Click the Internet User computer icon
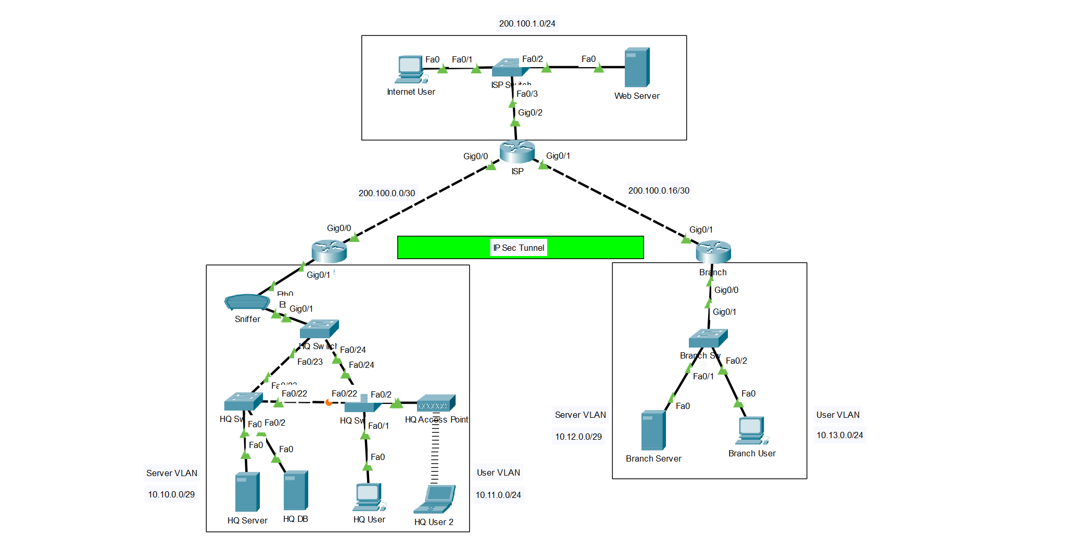410,69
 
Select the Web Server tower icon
637,68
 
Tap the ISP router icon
517,151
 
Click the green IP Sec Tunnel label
520,248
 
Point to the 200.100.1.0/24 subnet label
527,23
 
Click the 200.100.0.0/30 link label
386,193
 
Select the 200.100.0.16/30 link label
658,190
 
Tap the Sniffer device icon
247,302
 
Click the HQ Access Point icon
436,403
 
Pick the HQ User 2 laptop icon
434,499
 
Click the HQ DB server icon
296,490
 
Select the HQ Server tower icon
247,492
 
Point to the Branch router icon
713,252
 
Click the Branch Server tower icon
653,430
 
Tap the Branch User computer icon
751,430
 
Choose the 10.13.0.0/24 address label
839,435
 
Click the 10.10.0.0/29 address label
171,494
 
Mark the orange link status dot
329,402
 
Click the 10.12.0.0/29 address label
578,437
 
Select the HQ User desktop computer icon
369,497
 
